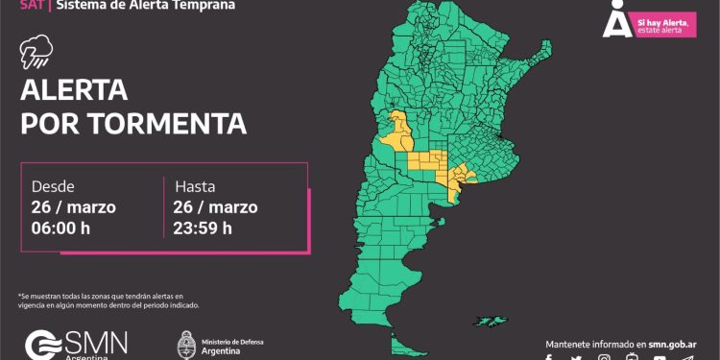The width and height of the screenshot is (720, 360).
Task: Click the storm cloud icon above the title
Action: pyautogui.click(x=36, y=56)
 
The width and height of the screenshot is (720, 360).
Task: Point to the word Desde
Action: pyautogui.click(x=53, y=186)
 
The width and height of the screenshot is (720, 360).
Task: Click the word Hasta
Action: pyautogui.click(x=195, y=186)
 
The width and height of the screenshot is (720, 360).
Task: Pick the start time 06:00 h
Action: pyautogui.click(x=67, y=228)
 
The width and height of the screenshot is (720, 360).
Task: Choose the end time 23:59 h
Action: pyautogui.click(x=203, y=228)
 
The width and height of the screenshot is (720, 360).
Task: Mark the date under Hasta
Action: pyautogui.click(x=216, y=206)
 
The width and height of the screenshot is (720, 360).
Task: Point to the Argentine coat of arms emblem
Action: pyautogui.click(x=186, y=344)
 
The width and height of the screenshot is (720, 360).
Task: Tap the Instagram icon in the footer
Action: pyautogui.click(x=604, y=357)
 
